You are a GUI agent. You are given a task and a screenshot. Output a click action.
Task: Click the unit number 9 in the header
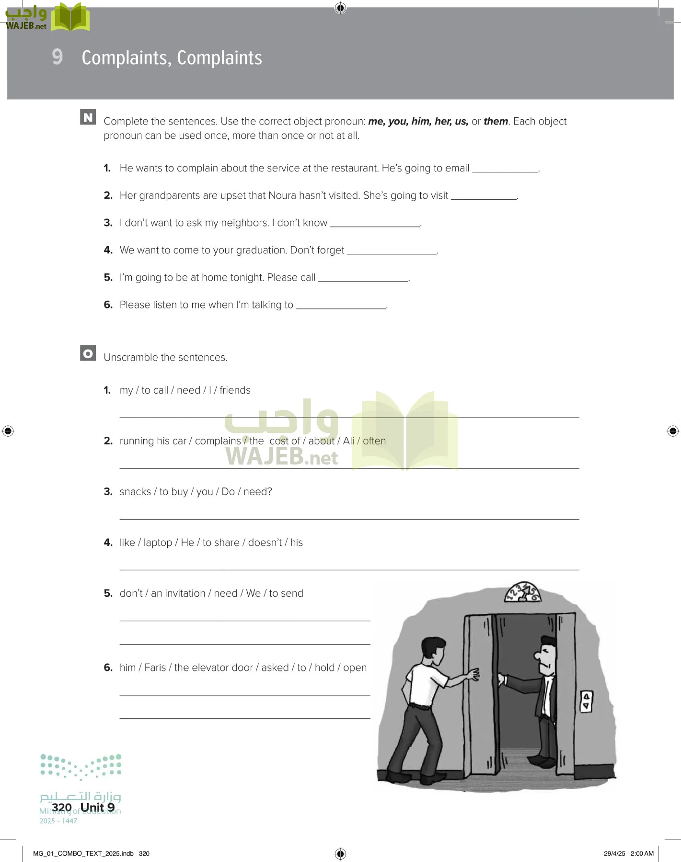coord(57,57)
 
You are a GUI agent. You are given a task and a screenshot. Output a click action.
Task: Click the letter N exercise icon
coord(88,117)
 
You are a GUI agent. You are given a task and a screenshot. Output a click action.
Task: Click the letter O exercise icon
coord(88,353)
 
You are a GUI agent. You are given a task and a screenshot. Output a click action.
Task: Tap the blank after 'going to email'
coord(505,169)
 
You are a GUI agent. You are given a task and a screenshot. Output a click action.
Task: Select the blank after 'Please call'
coord(363,278)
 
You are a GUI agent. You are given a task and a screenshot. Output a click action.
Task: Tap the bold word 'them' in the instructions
coord(496,121)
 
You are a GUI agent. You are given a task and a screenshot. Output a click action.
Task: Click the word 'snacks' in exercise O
coord(135,492)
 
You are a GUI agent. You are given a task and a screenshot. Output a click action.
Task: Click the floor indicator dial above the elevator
coord(522,592)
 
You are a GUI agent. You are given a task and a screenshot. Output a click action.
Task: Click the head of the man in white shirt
coord(434,649)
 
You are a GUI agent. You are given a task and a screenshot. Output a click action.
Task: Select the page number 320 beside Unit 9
coord(61,807)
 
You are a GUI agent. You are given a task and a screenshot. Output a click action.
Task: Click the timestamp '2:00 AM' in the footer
coord(642,853)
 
